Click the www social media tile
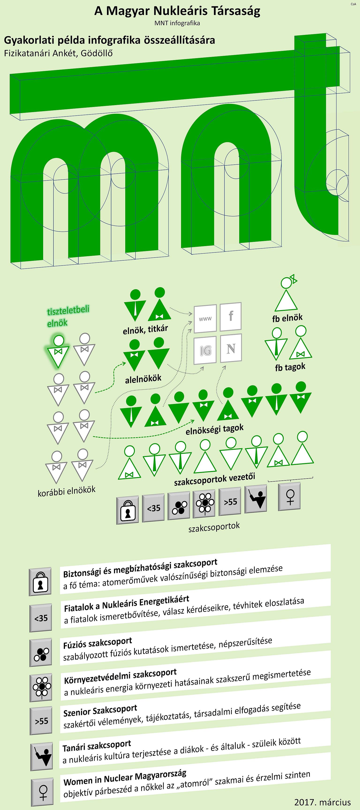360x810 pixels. (205, 319)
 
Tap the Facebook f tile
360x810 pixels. (231, 316)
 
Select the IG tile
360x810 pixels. (205, 350)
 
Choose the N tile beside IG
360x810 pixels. (231, 348)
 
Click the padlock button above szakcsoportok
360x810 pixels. (127, 510)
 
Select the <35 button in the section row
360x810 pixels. (153, 508)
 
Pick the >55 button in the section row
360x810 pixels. (230, 502)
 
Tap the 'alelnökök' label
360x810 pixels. (143, 379)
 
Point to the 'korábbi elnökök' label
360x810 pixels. (66, 491)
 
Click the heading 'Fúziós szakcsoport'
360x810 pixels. (98, 643)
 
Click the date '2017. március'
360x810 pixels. (322, 802)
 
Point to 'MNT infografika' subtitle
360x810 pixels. (177, 23)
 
